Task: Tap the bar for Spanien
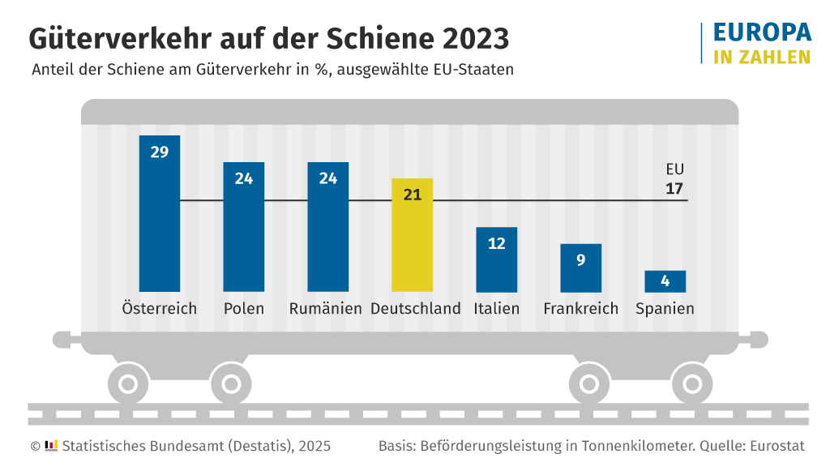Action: (665, 281)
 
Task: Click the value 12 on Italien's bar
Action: (497, 243)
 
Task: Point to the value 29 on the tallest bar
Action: (160, 152)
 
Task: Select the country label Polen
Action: (244, 309)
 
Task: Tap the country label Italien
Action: (497, 309)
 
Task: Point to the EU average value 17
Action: (674, 189)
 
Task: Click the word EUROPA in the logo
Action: (762, 32)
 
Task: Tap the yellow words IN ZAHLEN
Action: (762, 57)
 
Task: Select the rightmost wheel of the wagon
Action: (691, 383)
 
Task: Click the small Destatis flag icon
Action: (51, 445)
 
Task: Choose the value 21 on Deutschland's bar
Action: (413, 195)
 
